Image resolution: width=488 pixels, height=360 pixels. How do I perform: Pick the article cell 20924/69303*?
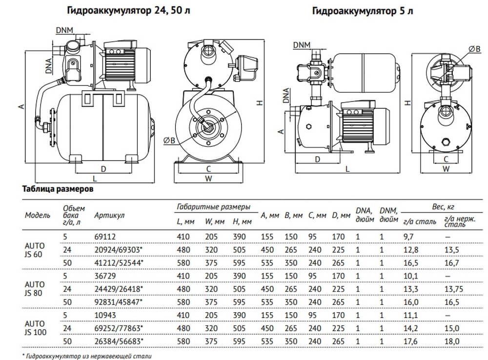click(118, 250)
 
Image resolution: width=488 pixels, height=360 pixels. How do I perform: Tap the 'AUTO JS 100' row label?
click(35, 328)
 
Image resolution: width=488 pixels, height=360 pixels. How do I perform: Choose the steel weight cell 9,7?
click(408, 236)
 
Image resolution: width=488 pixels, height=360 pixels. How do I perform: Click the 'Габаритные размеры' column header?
click(213, 207)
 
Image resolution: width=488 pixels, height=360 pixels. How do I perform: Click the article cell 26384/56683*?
click(118, 341)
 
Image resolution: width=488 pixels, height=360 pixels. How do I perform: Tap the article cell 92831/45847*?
click(118, 302)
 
